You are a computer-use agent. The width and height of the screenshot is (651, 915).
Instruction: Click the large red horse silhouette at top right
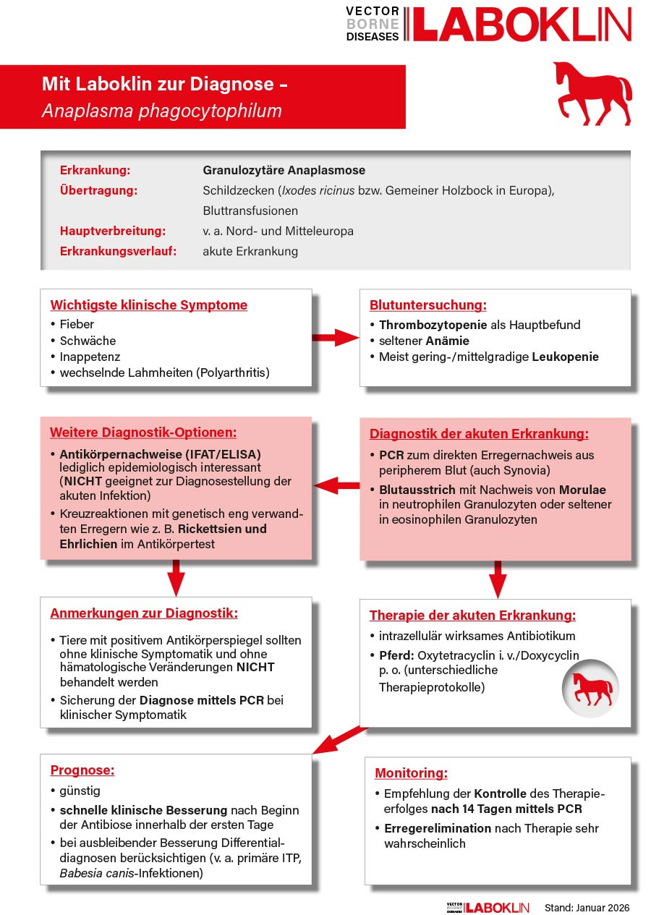pos(592,93)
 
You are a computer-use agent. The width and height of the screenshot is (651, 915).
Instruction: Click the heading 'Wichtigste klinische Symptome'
pos(148,305)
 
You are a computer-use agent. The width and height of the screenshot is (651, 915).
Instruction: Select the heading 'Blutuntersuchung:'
pos(427,305)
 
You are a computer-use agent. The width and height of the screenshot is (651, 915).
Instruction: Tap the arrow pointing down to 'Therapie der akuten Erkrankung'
pos(497,579)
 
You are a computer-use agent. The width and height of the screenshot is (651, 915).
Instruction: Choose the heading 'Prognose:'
pos(82,770)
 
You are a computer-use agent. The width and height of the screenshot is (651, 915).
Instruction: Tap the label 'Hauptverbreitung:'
pos(113,231)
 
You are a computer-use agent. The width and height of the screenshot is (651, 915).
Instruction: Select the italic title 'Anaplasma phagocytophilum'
pos(161,111)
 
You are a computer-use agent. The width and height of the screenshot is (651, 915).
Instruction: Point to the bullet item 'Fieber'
pos(77,324)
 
